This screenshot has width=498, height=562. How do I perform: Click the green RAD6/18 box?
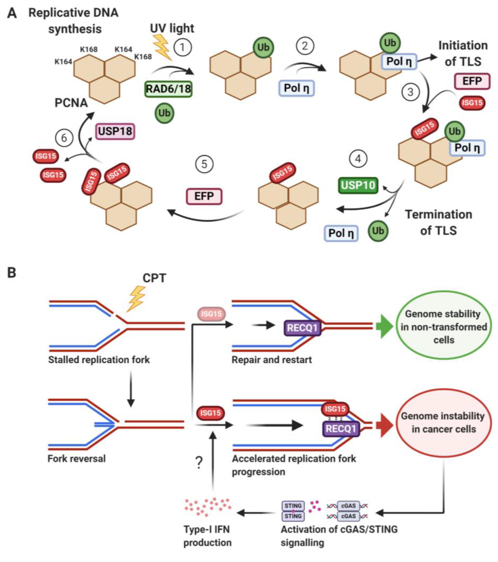coord(168,89)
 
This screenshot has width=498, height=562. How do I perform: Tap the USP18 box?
coord(115,131)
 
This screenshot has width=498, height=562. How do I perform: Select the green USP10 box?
coord(358,185)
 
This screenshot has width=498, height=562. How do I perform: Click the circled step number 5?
coord(204,164)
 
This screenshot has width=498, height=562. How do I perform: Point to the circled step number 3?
coord(410,92)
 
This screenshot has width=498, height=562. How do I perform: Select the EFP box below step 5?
coord(204,196)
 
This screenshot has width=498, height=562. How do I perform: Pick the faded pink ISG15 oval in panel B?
coord(211,314)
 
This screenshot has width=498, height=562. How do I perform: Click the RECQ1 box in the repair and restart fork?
coord(302,328)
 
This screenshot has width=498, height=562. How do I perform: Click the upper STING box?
coord(293,506)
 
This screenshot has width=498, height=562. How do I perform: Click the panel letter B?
coord(12,273)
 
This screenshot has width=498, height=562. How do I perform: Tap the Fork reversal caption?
coord(76,459)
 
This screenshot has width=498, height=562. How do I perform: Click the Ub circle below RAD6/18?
coord(164,113)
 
